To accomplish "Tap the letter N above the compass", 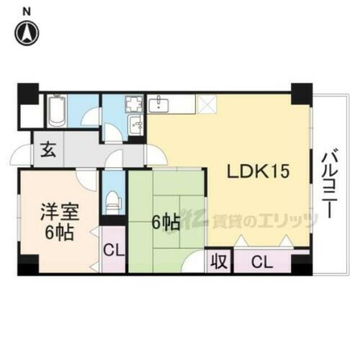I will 27,10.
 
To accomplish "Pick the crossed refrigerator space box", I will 206,106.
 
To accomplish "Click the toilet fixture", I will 111,199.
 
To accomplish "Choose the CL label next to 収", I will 261,263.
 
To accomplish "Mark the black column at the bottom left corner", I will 27,268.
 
